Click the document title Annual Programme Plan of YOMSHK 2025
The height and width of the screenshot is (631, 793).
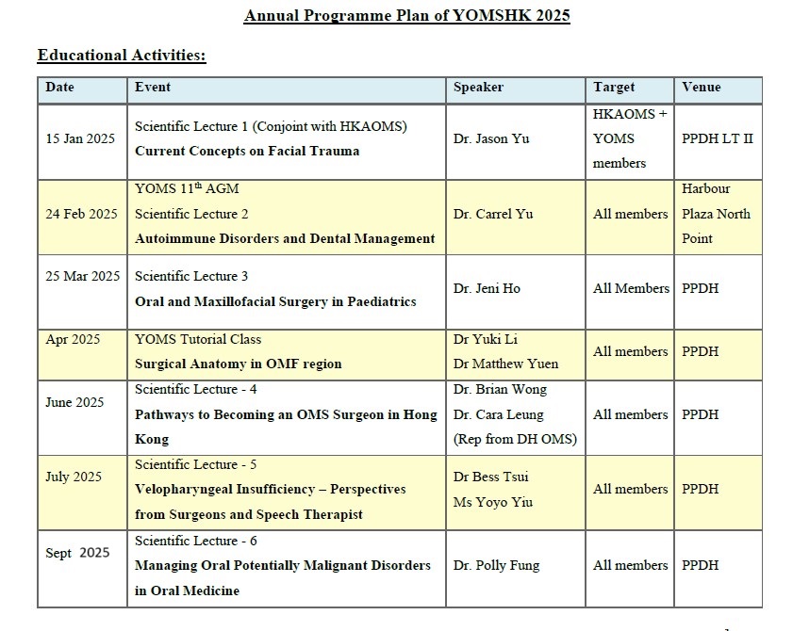(406, 15)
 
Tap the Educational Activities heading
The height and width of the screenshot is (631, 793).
(122, 55)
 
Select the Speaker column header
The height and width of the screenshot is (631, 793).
(478, 87)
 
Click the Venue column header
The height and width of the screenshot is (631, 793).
(701, 87)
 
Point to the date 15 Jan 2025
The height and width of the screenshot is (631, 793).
(80, 138)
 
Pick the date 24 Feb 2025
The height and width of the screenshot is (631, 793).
(81, 214)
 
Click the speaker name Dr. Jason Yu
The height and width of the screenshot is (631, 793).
(491, 138)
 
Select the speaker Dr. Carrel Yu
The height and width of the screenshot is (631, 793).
(493, 214)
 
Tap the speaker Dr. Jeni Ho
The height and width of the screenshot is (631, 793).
(487, 288)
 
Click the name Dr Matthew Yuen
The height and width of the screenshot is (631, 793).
(505, 364)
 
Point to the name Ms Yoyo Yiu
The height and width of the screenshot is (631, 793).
(493, 502)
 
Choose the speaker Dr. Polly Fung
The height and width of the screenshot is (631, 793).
(497, 565)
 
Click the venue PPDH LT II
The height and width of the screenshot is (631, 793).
(717, 138)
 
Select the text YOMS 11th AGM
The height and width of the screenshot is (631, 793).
(187, 188)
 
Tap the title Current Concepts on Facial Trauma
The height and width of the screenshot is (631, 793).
(247, 151)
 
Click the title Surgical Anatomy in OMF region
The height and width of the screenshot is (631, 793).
(238, 364)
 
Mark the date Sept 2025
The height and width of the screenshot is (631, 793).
(77, 553)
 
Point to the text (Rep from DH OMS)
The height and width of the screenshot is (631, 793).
(515, 439)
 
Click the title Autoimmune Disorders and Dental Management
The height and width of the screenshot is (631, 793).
(285, 238)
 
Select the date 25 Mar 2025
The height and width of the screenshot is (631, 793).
(82, 276)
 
